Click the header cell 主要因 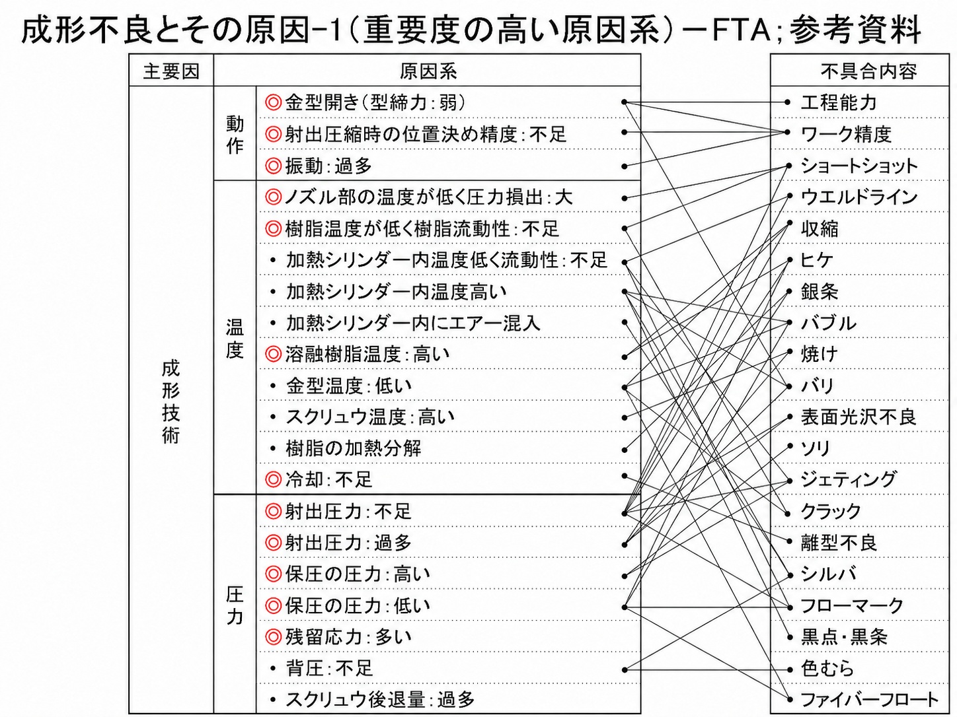pyautogui.click(x=171, y=71)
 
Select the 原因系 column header pyautogui.click(x=428, y=71)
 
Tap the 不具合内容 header pyautogui.click(x=868, y=71)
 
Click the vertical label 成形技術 pyautogui.click(x=171, y=402)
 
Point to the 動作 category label pyautogui.click(x=235, y=135)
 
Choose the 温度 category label pyautogui.click(x=235, y=339)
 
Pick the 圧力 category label pyautogui.click(x=235, y=605)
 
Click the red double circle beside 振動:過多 pyautogui.click(x=274, y=166)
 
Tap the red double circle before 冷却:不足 pyautogui.click(x=274, y=480)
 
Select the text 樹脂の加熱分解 pyautogui.click(x=354, y=448)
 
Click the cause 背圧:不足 pyautogui.click(x=329, y=668)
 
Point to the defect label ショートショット pyautogui.click(x=859, y=166)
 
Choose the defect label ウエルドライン pyautogui.click(x=859, y=197)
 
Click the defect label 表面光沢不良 pyautogui.click(x=859, y=417)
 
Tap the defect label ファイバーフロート pyautogui.click(x=869, y=700)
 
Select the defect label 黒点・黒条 pyautogui.click(x=844, y=637)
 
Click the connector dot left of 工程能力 pyautogui.click(x=787, y=103)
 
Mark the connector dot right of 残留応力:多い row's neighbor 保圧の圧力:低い pyautogui.click(x=625, y=607)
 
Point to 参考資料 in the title pyautogui.click(x=855, y=30)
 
